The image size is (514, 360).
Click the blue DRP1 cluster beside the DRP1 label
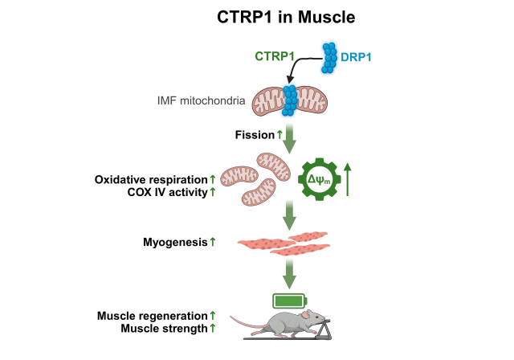coord(331,59)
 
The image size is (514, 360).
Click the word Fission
coord(255,135)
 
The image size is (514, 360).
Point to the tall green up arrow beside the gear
coord(347,178)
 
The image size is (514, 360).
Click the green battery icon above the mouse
coord(290,301)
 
